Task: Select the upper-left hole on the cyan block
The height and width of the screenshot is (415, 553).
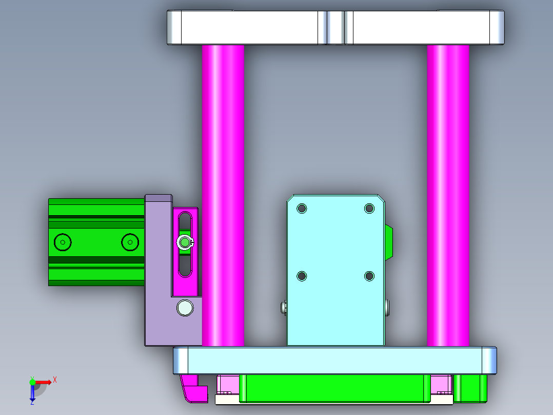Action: click(302, 209)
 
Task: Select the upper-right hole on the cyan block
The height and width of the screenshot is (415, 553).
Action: click(369, 209)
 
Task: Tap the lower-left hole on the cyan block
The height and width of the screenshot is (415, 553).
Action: click(302, 276)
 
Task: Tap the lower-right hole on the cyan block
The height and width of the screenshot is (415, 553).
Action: click(369, 276)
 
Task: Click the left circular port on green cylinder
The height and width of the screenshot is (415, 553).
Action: click(63, 242)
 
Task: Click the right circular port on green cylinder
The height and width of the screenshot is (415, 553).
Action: click(130, 242)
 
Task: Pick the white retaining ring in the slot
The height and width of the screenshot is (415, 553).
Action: click(185, 242)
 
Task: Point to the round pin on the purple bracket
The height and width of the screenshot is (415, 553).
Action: click(185, 308)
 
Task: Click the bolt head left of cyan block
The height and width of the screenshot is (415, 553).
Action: click(284, 308)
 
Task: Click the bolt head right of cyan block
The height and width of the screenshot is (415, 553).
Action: click(387, 308)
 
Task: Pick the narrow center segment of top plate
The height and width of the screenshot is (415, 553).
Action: click(335, 27)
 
